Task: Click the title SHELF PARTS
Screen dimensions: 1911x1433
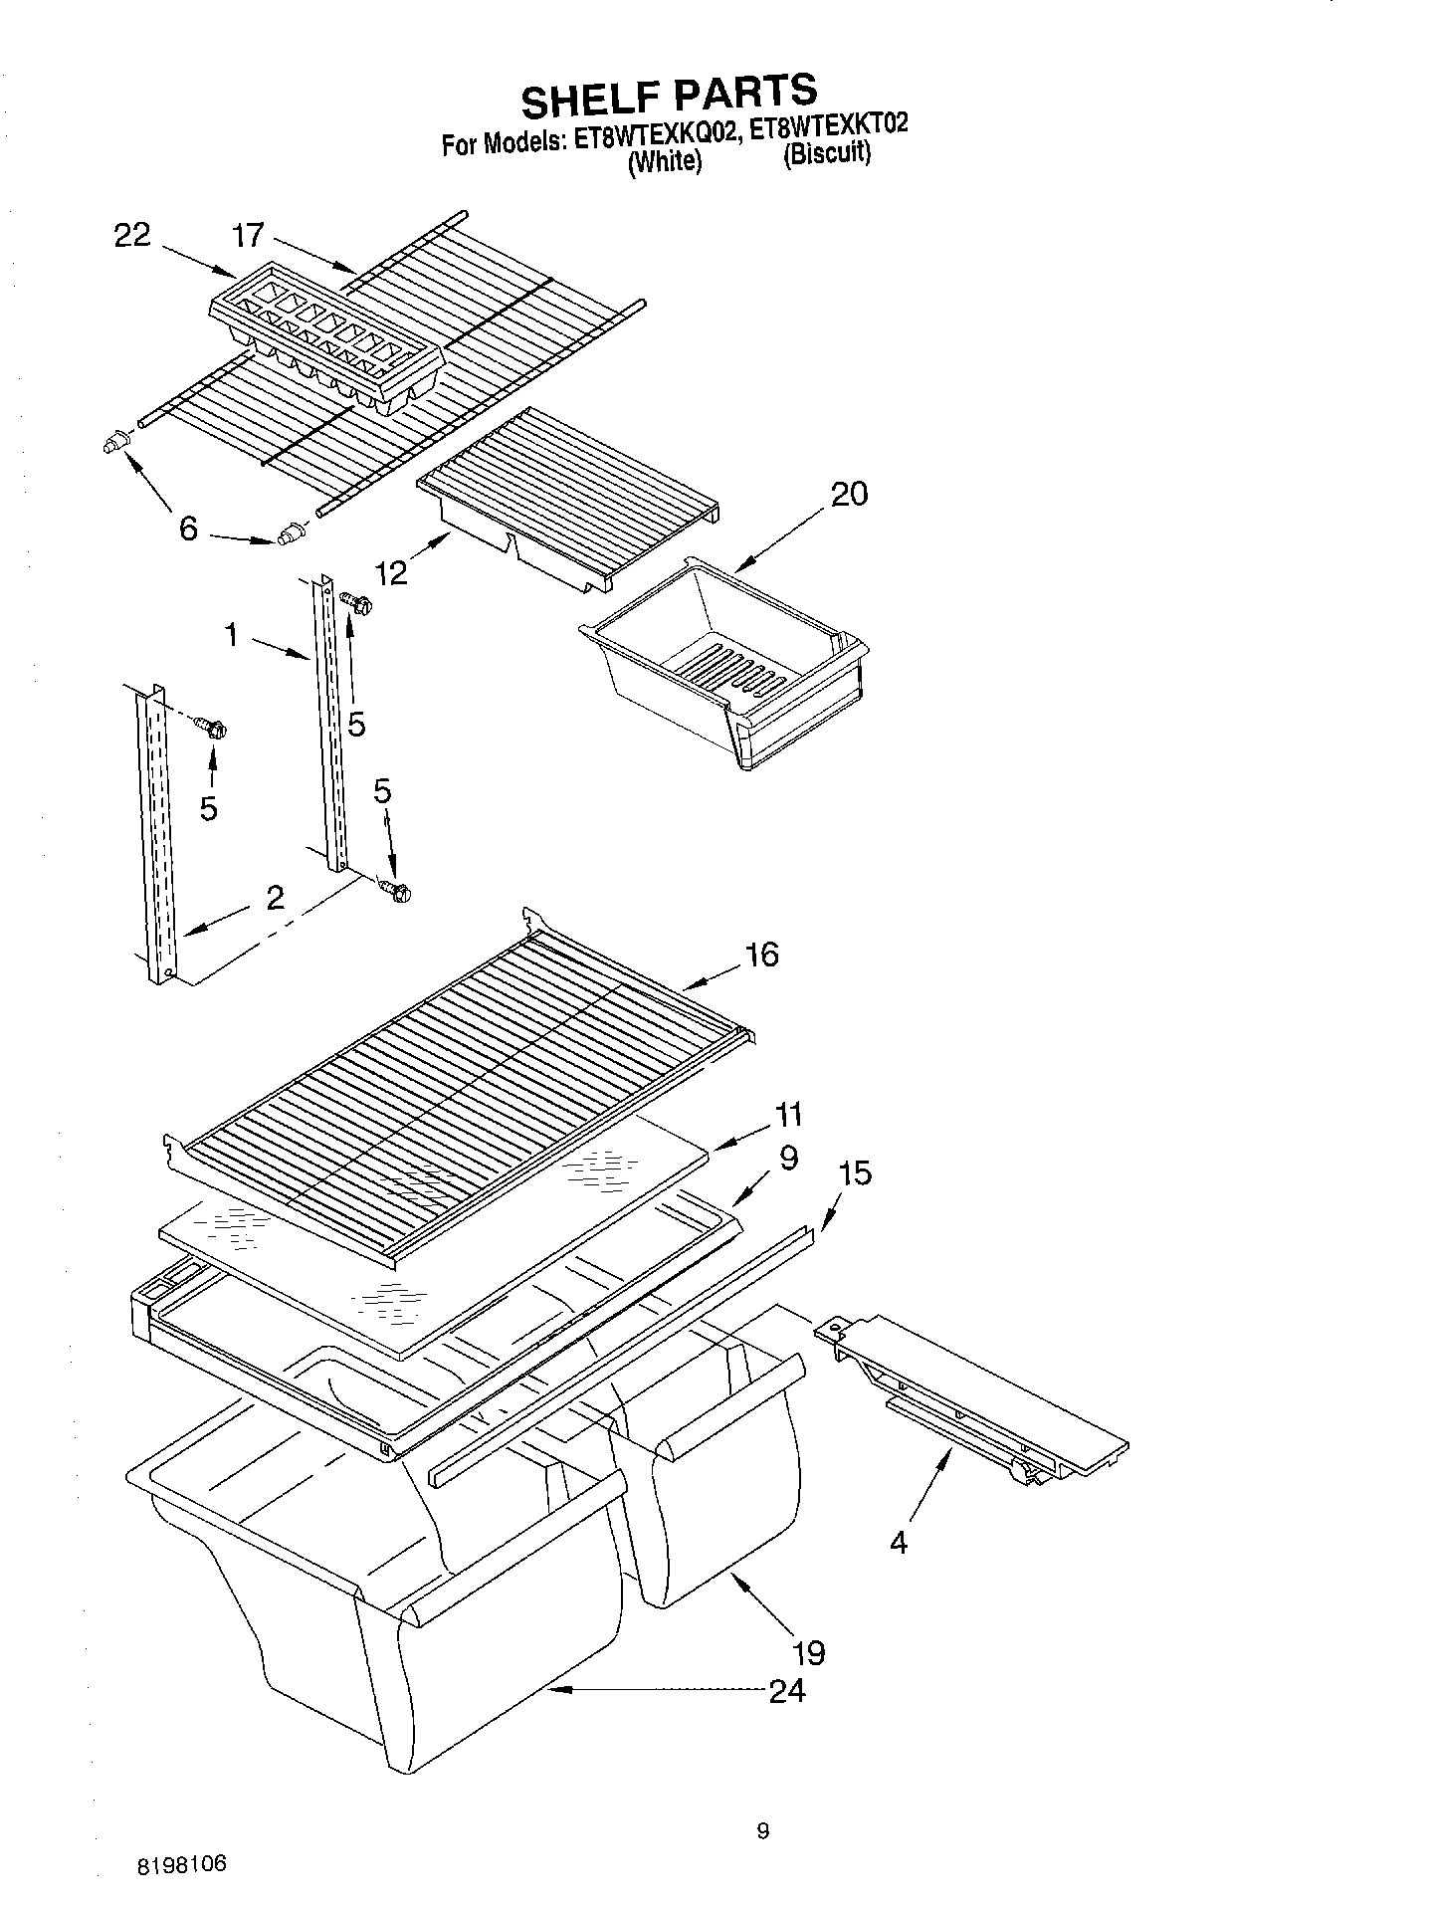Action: (x=669, y=97)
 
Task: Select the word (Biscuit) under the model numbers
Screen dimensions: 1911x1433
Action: (x=827, y=155)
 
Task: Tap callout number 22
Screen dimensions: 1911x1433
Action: (x=132, y=236)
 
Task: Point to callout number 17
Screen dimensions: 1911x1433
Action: (x=248, y=236)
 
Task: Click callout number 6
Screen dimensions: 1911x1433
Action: (x=188, y=528)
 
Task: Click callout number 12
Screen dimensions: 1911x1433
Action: (x=392, y=572)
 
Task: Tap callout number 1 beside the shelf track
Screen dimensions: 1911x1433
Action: (x=232, y=634)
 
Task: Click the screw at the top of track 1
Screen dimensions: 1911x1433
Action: (x=356, y=600)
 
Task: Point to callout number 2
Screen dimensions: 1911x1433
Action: (x=276, y=898)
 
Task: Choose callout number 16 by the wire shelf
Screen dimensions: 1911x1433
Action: (x=761, y=955)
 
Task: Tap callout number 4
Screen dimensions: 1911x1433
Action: (x=899, y=1543)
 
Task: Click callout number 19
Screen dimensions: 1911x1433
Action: (x=809, y=1653)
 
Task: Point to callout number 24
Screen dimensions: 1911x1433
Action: (x=787, y=1690)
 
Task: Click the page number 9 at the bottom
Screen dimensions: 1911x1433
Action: (x=762, y=1830)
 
